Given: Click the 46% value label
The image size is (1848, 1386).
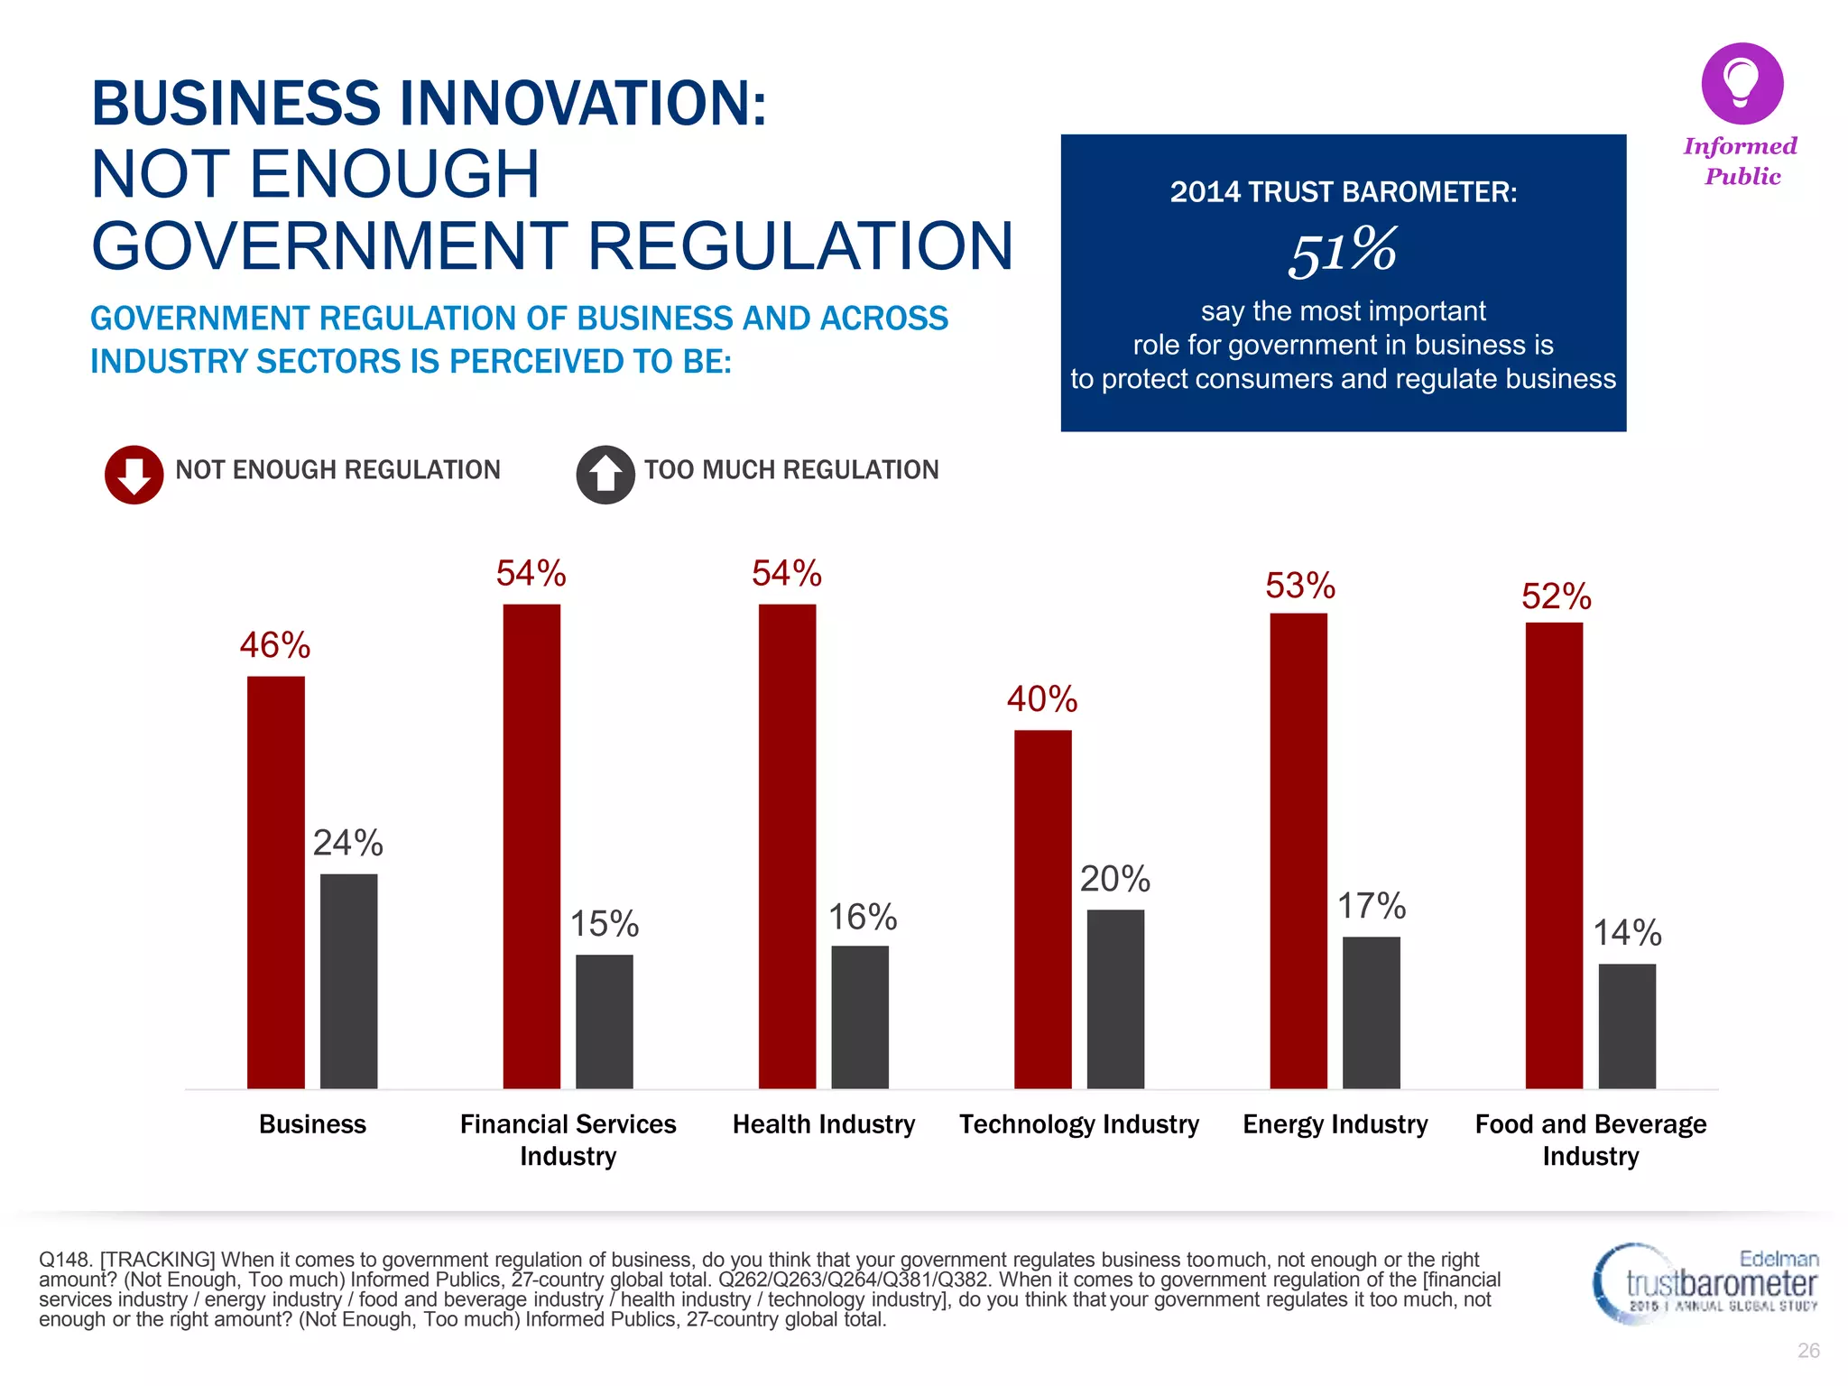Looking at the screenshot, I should pos(275,645).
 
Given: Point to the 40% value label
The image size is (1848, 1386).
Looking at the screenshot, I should pos(1042,699).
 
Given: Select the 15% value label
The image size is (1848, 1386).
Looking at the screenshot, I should pos(604,923).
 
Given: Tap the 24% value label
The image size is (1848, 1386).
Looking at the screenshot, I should pos(347,843).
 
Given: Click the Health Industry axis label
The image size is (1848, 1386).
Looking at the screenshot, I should pos(823,1124).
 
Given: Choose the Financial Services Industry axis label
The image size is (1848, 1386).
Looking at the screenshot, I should pos(568,1140).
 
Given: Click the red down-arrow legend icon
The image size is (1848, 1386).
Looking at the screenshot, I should pos(134,475).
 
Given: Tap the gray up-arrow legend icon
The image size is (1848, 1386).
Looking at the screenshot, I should pos(605,475).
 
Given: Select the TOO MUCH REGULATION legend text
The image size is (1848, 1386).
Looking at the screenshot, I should pos(791,470).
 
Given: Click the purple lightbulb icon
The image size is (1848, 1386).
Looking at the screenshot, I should pos(1742,83).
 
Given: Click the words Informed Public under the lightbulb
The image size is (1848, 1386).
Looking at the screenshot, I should pos(1741,161).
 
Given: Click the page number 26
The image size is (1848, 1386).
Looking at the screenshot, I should pos(1808,1351).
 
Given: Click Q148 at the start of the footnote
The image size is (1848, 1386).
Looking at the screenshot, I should pos(63,1260).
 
